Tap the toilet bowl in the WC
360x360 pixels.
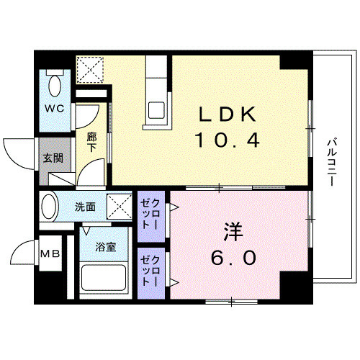(x=53, y=86)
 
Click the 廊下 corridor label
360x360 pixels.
(x=92, y=141)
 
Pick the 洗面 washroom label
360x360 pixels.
(x=86, y=207)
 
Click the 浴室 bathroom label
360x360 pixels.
(x=106, y=247)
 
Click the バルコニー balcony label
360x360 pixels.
(x=330, y=163)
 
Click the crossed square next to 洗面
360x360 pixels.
(x=118, y=207)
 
